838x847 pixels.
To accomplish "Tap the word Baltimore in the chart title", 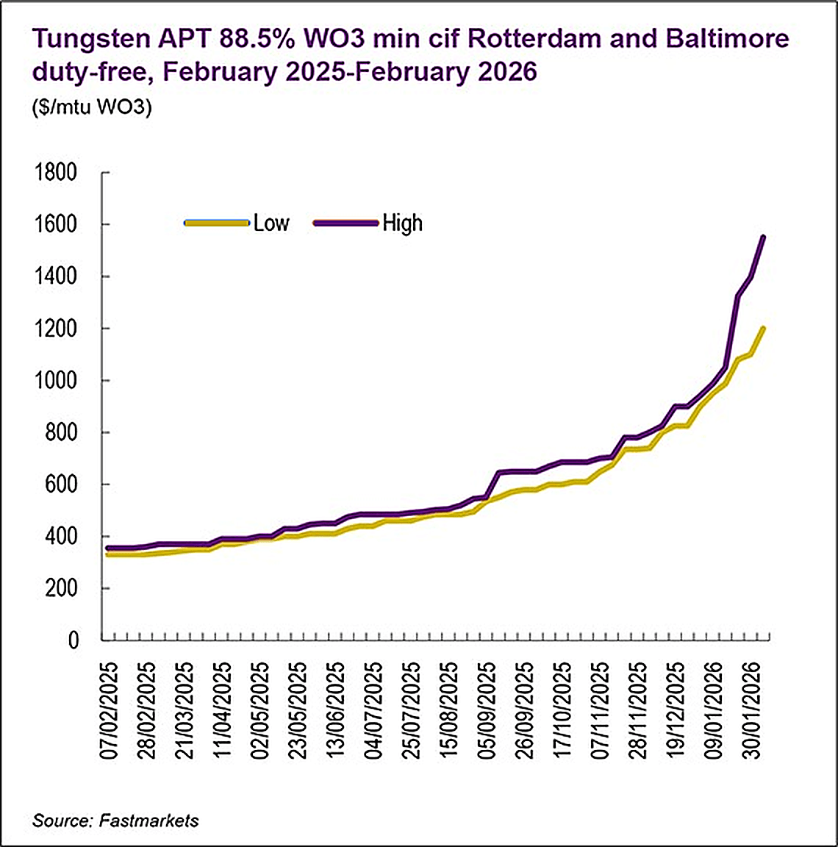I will point(727,39).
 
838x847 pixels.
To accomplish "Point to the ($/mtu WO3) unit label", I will point(92,107).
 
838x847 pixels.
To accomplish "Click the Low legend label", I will point(271,223).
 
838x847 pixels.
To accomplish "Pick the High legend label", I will point(402,223).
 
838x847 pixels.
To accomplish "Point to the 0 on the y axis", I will point(73,640).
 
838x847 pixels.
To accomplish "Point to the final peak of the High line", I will point(764,237).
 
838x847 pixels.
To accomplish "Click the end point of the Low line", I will point(764,328).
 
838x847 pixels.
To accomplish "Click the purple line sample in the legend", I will point(345,223).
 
